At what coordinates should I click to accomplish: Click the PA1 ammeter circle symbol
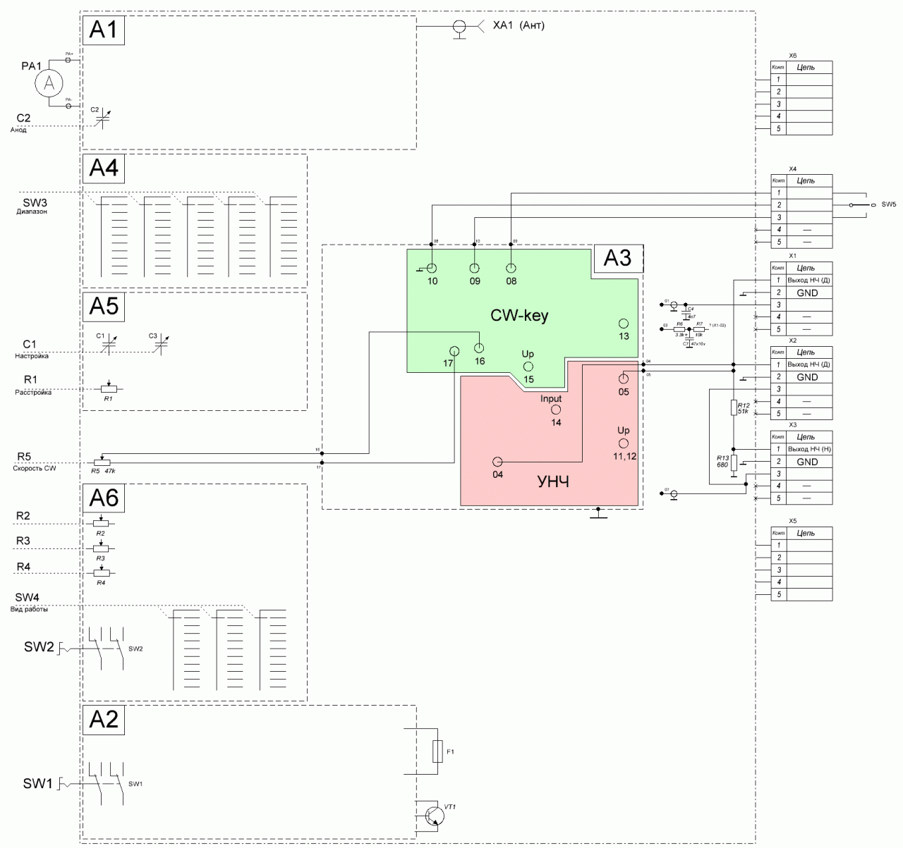pos(49,84)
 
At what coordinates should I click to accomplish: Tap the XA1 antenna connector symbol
pos(459,27)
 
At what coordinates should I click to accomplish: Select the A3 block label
pos(617,259)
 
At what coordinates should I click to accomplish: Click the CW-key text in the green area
pos(519,316)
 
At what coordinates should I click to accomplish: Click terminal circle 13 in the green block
pos(624,324)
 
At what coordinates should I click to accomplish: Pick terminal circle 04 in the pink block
pos(497,462)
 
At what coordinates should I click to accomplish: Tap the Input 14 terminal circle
pos(555,410)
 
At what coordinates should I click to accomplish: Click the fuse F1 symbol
pos(437,751)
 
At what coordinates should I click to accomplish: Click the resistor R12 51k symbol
pos(734,407)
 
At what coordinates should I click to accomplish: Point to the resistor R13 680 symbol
pos(734,462)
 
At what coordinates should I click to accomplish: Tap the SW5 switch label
pos(888,204)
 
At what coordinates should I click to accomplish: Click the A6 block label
pos(104,498)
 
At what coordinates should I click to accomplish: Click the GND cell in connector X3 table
pos(807,462)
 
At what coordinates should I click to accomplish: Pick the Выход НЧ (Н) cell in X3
pos(807,449)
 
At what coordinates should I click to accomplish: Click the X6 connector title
pos(792,55)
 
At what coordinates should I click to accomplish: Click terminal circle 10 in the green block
pos(432,268)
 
